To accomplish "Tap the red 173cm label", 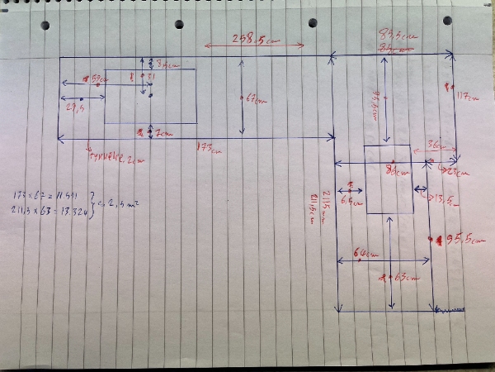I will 210,148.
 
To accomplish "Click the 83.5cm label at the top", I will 394,36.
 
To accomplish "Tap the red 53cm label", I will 97,79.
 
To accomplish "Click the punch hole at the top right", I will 448,21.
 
